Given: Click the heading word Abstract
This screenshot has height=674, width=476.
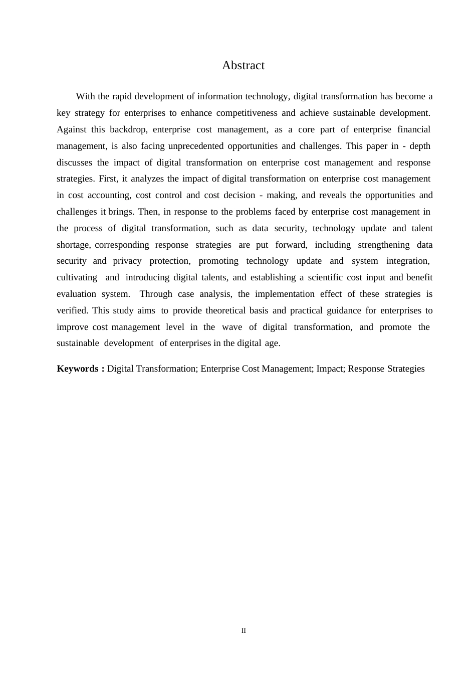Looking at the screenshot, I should point(243,66).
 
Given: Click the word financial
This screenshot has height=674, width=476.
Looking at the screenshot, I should point(414,129).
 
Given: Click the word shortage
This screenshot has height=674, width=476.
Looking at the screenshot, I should point(73,245).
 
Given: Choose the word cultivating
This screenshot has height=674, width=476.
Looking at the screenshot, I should point(77,277).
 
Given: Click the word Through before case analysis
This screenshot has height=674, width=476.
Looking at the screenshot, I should point(155,294).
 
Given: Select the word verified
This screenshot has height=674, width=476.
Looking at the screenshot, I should point(72,310).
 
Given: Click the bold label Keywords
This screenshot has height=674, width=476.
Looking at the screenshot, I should point(78,369).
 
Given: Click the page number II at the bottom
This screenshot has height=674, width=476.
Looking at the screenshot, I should point(244,631).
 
